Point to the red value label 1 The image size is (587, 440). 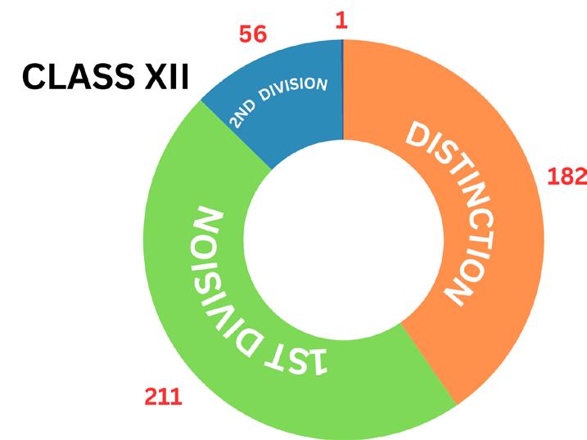point(341,20)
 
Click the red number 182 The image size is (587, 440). point(567,176)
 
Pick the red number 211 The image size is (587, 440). point(163,398)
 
